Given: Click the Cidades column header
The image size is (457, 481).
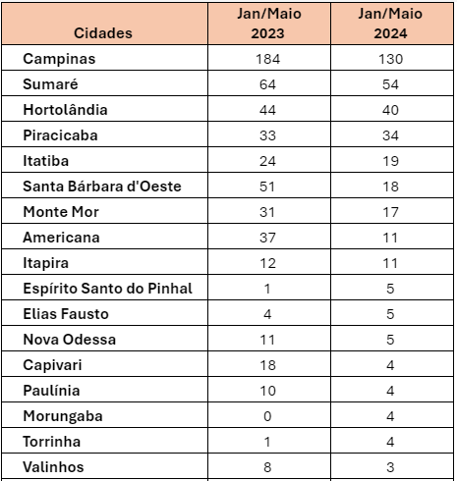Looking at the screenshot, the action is pos(103,33).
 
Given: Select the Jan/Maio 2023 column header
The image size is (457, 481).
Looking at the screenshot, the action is pos(268,24).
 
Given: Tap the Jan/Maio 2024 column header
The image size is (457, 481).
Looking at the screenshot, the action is pos(390,24).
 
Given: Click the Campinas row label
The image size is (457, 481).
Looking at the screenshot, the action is pos(59,59).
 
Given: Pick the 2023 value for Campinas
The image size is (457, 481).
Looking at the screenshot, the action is pos(267,59).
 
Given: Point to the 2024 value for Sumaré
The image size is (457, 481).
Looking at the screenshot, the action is pos(390,84).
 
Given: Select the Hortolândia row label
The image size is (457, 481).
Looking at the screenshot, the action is pos(65,110).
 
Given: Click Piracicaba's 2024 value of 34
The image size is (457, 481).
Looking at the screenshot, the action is pos(390,135).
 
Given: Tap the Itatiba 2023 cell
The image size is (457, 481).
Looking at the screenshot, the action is pos(267,161).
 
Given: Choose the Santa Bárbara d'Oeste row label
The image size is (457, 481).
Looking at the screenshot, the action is pos(102,187).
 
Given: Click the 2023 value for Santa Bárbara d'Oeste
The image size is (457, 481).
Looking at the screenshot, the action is pos(267,187).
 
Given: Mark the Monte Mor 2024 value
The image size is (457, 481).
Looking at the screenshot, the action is pos(390,212).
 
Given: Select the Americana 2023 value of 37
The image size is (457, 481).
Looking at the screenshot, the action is pos(267,238).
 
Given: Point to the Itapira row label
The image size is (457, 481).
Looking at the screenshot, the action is pos(45,263).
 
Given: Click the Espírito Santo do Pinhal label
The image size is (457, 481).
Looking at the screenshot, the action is pos(107,289).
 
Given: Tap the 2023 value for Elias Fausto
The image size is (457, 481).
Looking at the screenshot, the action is pos(267,314).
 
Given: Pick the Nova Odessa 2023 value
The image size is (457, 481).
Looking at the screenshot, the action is pos(267,340).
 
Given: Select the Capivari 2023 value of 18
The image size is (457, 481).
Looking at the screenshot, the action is pos(267,365).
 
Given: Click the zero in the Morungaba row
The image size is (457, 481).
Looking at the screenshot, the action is pos(267,416).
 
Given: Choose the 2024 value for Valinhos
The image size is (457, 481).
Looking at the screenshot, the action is pos(390,467).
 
